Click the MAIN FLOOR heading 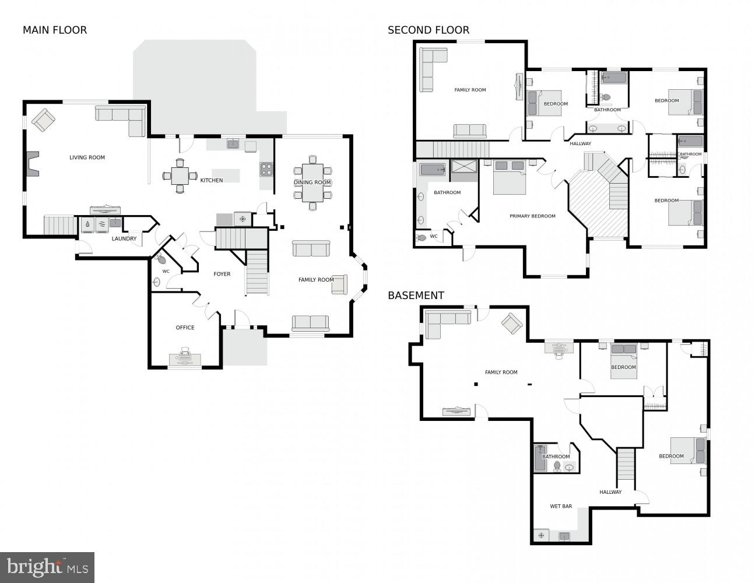click(55, 30)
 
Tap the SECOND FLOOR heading click(429, 30)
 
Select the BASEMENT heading click(416, 296)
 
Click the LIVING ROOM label click(87, 157)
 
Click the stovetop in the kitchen click(266, 170)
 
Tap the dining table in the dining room click(312, 182)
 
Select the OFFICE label click(185, 328)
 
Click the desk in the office click(185, 359)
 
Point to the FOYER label click(222, 274)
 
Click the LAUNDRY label click(124, 238)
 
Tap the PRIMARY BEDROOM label click(532, 216)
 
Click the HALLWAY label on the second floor click(580, 143)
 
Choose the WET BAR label click(561, 506)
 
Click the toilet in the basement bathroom click(557, 466)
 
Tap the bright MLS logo click(47, 567)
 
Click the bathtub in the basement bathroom click(540, 458)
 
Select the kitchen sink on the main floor click(233, 143)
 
